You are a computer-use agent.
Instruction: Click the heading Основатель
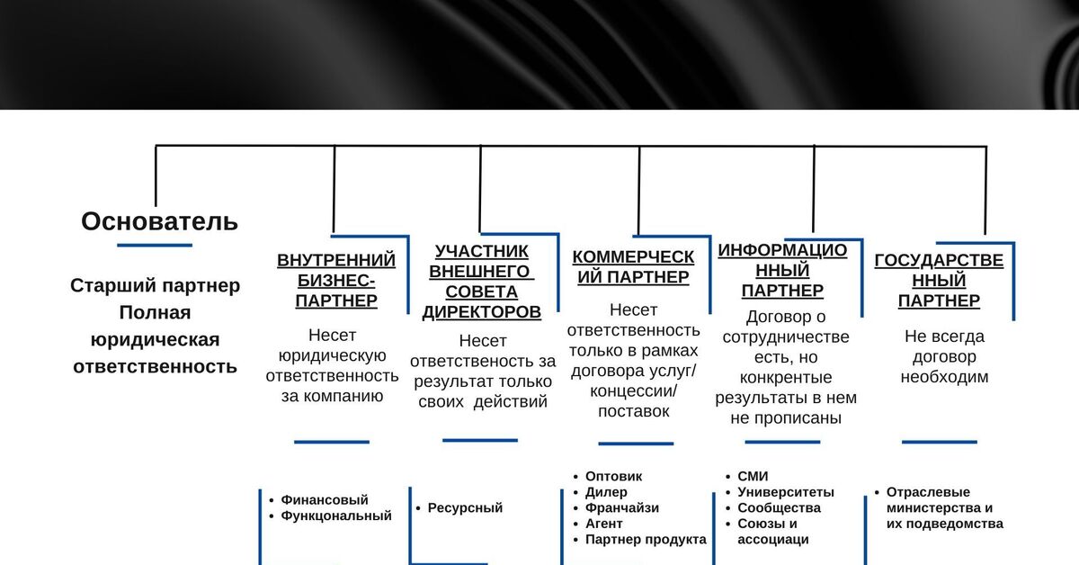[x=159, y=221]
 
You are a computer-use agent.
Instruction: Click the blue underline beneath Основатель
[x=155, y=245]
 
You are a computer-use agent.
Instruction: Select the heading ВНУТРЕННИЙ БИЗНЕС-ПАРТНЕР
[x=336, y=281]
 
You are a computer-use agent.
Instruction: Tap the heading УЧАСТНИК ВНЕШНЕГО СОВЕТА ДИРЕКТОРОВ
[x=482, y=282]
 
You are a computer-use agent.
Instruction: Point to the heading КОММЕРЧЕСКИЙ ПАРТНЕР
[x=633, y=267]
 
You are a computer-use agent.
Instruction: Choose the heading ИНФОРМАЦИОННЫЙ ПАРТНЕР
[x=782, y=270]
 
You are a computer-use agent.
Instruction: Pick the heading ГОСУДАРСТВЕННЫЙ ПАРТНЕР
[x=939, y=281]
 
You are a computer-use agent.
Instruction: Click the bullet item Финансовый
[x=325, y=499]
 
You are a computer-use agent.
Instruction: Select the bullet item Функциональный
[x=336, y=516]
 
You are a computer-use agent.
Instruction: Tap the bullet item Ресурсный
[x=465, y=507]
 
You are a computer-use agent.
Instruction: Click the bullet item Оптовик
[x=614, y=476]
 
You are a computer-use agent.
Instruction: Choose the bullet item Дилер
[x=606, y=492]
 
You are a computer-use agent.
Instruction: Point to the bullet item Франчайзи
[x=622, y=507]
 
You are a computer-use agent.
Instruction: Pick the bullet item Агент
[x=604, y=524]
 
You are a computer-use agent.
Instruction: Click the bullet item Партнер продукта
[x=646, y=540]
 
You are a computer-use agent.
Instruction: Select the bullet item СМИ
[x=753, y=476]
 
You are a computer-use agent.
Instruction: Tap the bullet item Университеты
[x=786, y=492]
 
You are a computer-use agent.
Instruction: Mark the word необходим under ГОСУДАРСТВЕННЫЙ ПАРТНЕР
[x=944, y=377]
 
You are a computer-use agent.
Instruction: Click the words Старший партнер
[x=156, y=285]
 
